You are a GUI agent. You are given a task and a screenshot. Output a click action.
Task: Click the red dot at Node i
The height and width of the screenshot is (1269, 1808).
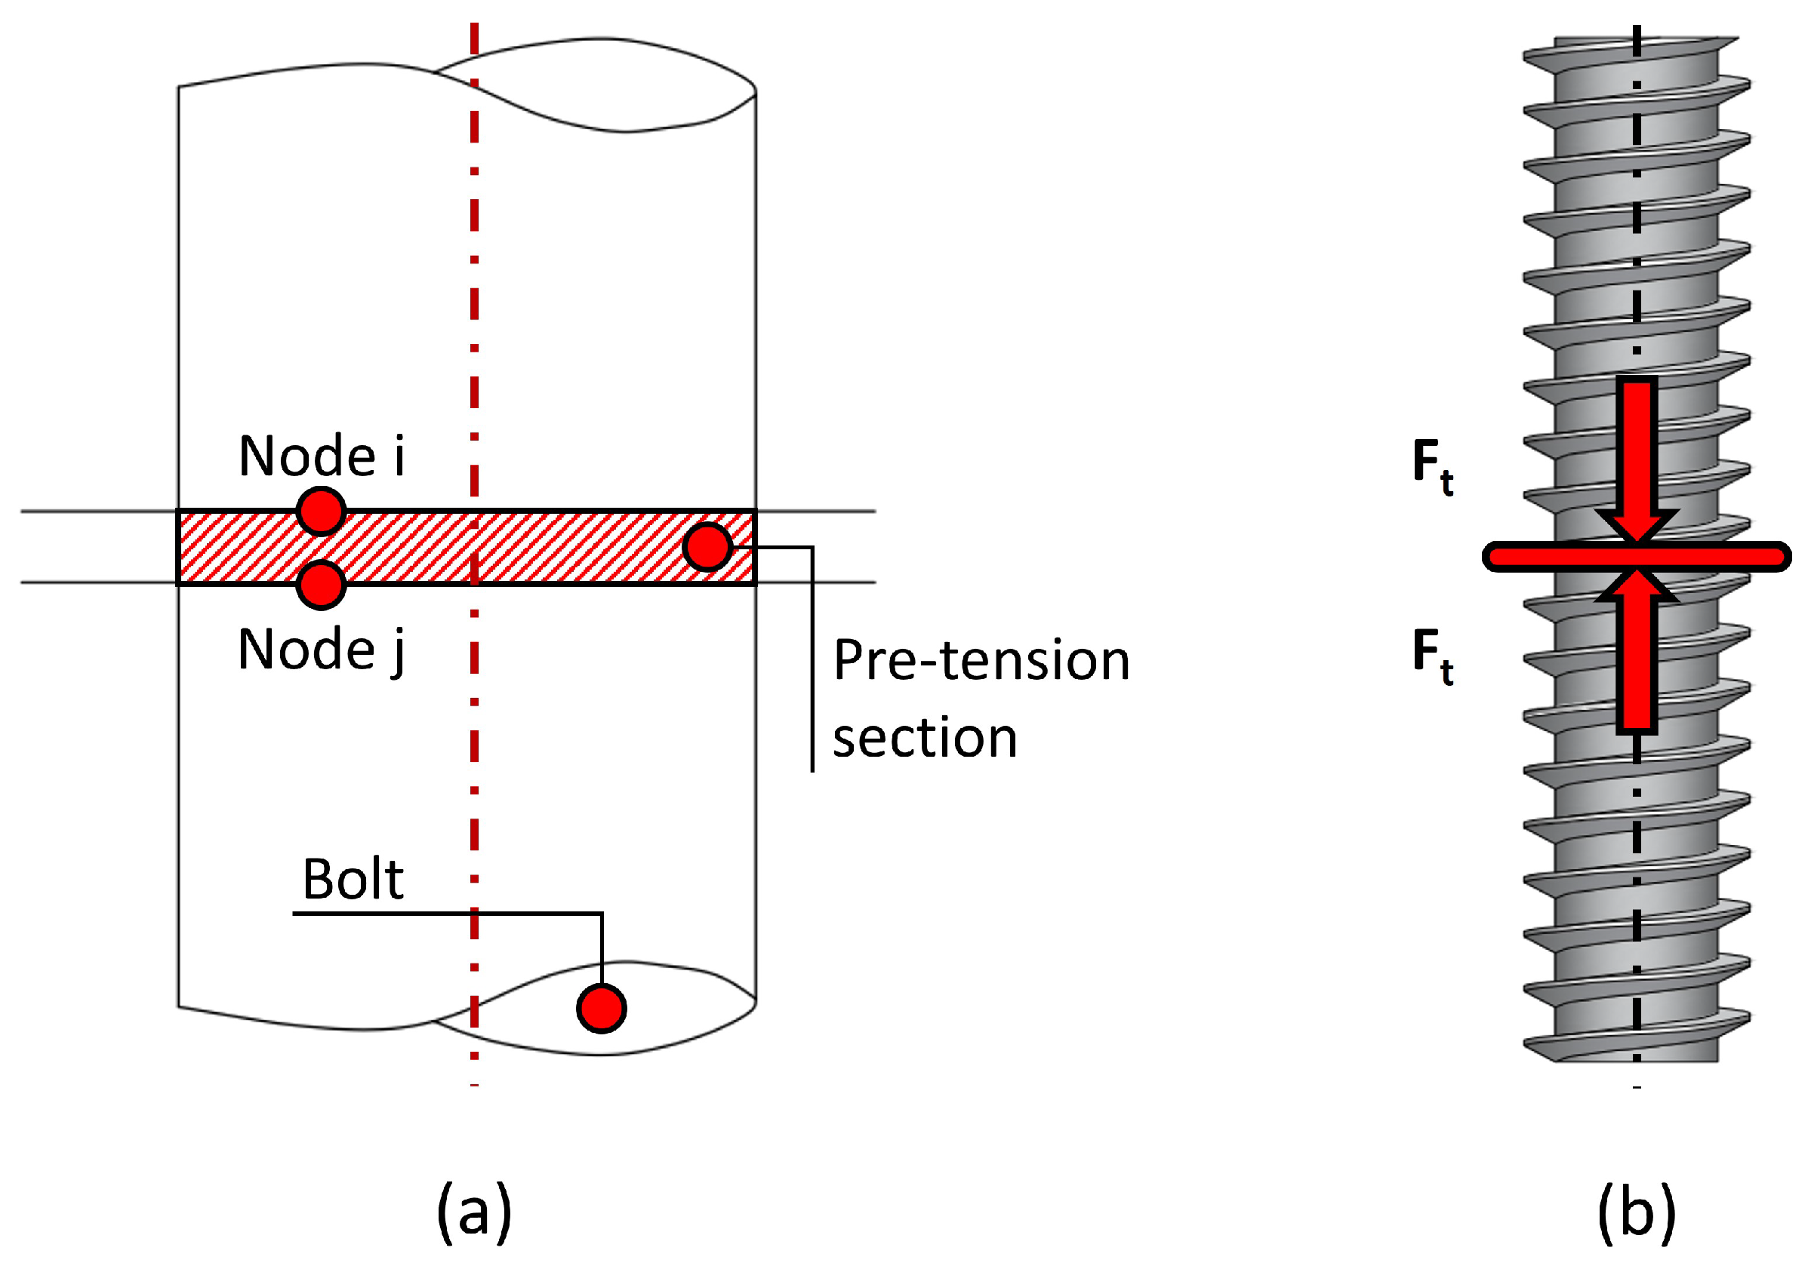tap(322, 511)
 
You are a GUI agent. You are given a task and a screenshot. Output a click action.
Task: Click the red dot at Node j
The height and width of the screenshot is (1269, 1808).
tap(322, 585)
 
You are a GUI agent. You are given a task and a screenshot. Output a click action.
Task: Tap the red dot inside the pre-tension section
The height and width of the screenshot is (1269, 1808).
tap(707, 546)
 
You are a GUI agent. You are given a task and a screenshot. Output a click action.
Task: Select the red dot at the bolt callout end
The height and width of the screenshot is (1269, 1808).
tap(602, 1009)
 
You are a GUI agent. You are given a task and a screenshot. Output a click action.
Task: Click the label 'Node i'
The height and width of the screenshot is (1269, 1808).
tap(322, 456)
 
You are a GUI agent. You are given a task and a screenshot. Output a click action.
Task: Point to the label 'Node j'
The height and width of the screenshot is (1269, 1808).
tap(322, 650)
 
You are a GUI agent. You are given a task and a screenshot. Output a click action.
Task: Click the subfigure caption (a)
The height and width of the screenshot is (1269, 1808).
tap(474, 1212)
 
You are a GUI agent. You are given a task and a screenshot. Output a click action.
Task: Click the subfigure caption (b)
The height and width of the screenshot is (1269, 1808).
tap(1637, 1212)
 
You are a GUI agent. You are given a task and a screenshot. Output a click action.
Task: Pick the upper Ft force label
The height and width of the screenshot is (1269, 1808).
tap(1432, 466)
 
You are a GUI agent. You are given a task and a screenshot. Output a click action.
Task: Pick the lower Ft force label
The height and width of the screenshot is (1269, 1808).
tap(1432, 655)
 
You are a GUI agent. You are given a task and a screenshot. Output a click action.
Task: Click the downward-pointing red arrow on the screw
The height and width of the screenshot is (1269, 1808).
tap(1637, 456)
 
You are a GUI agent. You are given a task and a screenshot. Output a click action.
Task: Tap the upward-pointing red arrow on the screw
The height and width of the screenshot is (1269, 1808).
tap(1637, 653)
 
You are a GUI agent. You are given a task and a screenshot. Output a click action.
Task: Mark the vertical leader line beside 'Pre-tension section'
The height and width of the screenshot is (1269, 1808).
tap(812, 669)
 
